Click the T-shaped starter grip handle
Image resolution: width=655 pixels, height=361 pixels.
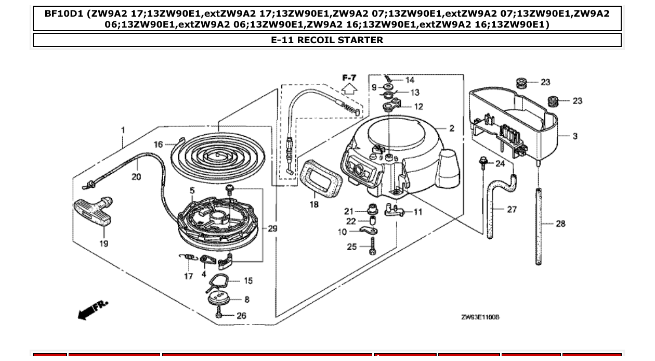click(93, 211)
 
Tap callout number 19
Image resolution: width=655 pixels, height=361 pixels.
click(103, 243)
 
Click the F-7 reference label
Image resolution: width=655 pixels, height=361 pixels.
click(349, 78)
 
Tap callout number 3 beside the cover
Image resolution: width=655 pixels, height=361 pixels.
click(574, 136)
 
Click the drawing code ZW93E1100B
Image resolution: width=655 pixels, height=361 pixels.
click(480, 317)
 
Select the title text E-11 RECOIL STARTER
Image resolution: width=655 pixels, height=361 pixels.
click(327, 40)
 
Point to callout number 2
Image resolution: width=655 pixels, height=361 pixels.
click(451, 128)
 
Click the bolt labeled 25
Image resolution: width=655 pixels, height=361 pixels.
click(373, 247)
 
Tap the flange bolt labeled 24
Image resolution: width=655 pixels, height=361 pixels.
click(483, 163)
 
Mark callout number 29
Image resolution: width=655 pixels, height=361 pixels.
click(273, 228)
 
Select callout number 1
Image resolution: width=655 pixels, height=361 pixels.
click(123, 130)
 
